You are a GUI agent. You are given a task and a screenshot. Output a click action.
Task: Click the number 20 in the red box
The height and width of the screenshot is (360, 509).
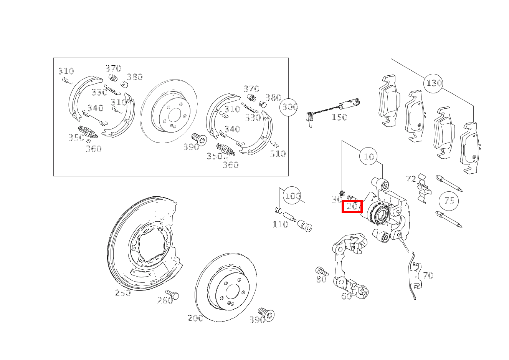pos(352,206)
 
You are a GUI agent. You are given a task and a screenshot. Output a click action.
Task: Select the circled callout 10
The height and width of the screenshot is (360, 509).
pos(369,156)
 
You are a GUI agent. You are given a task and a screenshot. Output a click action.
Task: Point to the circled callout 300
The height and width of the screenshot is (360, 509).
pos(289,106)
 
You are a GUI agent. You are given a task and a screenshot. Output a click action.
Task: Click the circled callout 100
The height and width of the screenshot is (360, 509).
pos(293,196)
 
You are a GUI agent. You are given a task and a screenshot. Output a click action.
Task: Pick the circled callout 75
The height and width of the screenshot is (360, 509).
pos(449,201)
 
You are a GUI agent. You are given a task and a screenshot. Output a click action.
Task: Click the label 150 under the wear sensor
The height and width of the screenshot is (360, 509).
pos(339,117)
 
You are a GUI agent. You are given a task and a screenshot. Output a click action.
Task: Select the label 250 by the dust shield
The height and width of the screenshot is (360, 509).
pos(123,293)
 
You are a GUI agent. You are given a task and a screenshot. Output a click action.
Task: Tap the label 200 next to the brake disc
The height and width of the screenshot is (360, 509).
pos(195,318)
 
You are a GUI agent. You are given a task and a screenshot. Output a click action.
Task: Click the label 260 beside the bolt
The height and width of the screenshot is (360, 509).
pos(165,301)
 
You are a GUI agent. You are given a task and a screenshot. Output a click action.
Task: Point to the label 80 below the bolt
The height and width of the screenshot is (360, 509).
pos(321,280)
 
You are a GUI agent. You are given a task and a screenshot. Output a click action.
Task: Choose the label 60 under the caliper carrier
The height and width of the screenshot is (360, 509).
pos(347,296)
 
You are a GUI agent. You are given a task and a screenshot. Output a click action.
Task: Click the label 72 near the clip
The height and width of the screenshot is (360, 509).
pos(411,179)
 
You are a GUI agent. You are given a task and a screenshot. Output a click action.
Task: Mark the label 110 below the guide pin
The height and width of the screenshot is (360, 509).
pos(280,224)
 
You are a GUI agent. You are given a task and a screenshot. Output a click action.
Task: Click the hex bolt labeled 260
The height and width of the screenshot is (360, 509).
pos(174,295)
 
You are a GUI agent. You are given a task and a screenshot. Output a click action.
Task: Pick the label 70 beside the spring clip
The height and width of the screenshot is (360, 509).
pos(428,275)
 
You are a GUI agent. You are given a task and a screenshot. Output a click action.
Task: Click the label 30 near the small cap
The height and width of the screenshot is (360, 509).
pos(337,200)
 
